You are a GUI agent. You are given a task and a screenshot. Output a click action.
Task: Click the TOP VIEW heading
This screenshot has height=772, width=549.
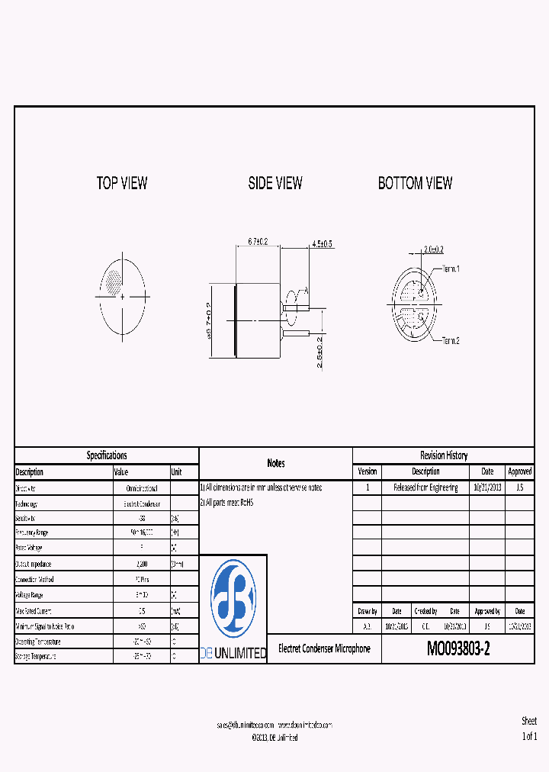click(122, 183)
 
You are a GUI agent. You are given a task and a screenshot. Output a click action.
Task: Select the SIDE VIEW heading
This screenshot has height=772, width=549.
click(274, 183)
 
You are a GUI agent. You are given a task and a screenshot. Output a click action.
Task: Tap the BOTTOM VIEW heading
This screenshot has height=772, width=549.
click(415, 183)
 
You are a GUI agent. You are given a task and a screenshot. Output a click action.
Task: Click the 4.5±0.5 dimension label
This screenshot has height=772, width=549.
click(321, 244)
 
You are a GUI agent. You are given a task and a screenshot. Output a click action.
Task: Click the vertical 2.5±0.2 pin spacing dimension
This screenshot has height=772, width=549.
click(320, 352)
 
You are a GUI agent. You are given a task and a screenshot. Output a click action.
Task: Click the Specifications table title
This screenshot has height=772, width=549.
click(107, 455)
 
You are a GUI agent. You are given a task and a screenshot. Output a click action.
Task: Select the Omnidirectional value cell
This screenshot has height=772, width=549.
click(141, 488)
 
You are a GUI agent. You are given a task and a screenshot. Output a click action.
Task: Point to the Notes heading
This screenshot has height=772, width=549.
click(276, 463)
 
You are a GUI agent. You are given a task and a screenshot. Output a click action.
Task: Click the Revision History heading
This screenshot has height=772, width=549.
click(444, 455)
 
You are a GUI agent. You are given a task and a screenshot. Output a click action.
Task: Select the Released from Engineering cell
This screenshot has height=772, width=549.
click(425, 488)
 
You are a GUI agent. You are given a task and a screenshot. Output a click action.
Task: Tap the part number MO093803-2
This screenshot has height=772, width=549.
click(458, 649)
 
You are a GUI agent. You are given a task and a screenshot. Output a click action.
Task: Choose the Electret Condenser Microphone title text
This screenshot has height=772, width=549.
click(325, 648)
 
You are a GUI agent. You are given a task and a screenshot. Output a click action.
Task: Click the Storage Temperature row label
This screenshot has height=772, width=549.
click(36, 656)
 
